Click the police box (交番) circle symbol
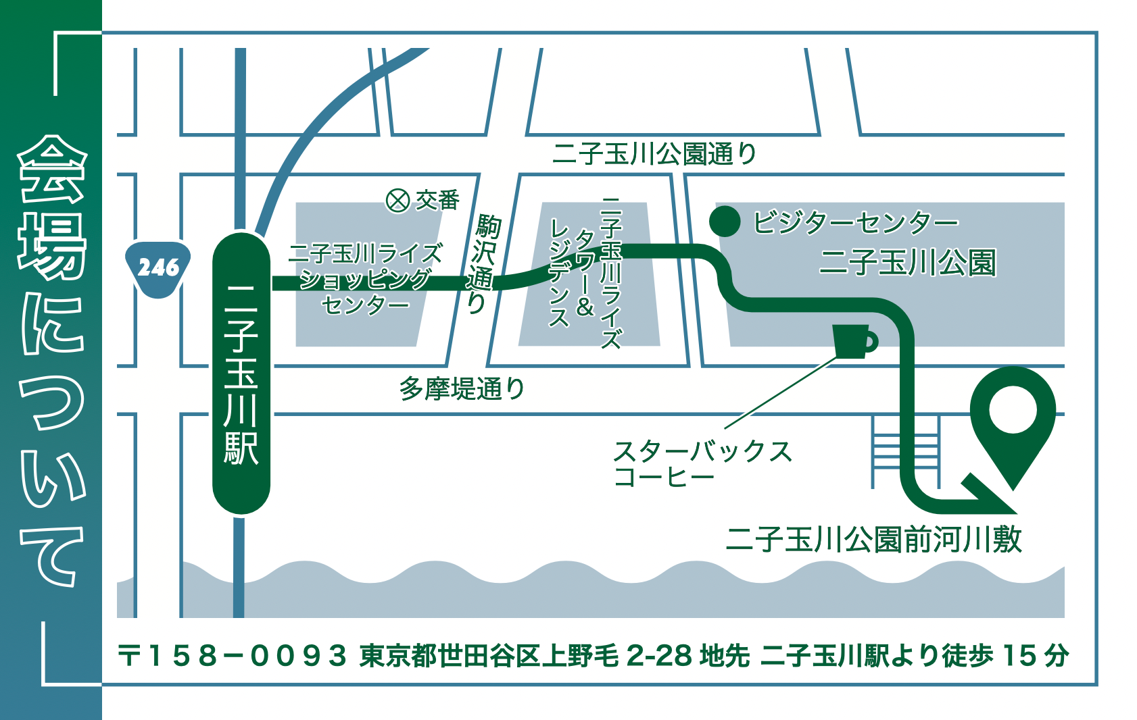397,200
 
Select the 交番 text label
437,200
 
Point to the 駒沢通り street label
483,263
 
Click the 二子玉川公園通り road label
654,154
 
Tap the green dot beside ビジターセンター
725,222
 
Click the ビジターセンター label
855,222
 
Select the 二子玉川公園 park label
907,263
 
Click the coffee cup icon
854,341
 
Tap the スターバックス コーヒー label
701,463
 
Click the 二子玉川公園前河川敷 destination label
873,540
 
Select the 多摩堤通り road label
462,389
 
